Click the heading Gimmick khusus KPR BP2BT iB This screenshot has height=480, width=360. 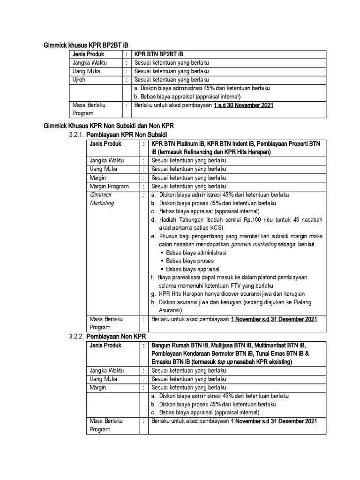(86, 45)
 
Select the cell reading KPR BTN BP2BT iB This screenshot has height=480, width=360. (158, 54)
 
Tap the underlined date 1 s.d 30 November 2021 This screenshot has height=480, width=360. (243, 105)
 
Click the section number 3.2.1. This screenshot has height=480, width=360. (76, 135)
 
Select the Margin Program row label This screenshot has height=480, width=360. (109, 186)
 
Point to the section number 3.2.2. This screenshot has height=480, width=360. (76, 337)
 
